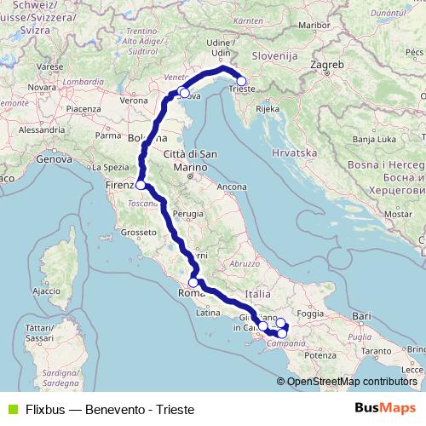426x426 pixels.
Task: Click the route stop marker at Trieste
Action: pyautogui.click(x=241, y=82)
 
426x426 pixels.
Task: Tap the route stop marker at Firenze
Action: pyautogui.click(x=141, y=184)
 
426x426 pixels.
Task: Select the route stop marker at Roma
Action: pyautogui.click(x=193, y=283)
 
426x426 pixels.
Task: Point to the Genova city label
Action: pyautogui.click(x=54, y=158)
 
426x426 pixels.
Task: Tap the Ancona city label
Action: pyautogui.click(x=232, y=186)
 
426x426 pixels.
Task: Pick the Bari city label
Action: pyautogui.click(x=361, y=316)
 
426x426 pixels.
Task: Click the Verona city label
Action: pyautogui.click(x=133, y=101)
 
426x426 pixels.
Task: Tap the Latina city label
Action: pyautogui.click(x=208, y=313)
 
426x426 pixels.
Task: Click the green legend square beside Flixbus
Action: pyautogui.click(x=9, y=408)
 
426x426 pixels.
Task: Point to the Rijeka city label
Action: pyautogui.click(x=267, y=109)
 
